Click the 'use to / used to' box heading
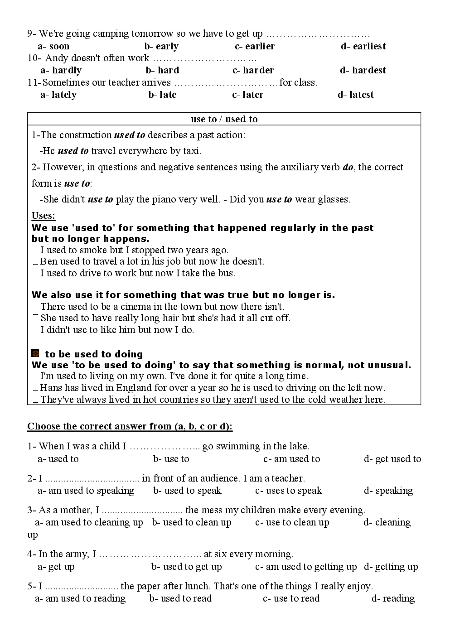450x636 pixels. pos(224,119)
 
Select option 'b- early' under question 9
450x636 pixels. pos(161,46)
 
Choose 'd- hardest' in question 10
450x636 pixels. pos(363,70)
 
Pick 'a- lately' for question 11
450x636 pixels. pos(58,95)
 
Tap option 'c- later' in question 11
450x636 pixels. pos(247,95)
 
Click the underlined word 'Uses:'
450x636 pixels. pos(44,216)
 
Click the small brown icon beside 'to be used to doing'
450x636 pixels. pos(35,353)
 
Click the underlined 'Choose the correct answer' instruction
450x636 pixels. pos(130,426)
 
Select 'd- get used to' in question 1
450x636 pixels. pos(392,459)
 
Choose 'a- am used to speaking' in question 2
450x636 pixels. pos(86,491)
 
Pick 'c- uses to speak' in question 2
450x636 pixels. pos(288,491)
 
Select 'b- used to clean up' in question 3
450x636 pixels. pos(191,522)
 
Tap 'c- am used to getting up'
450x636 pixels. pos(306,567)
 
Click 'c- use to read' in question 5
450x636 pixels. pos(291,598)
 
